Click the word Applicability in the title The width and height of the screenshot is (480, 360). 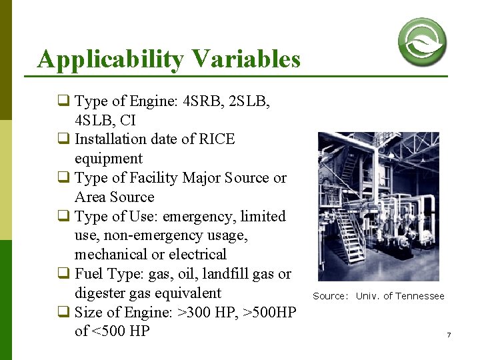click(x=109, y=60)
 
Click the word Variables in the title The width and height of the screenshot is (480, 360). click(x=245, y=59)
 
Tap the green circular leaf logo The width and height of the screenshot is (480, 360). click(x=422, y=41)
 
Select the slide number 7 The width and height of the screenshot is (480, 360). click(x=449, y=335)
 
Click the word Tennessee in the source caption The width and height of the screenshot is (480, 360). click(x=419, y=296)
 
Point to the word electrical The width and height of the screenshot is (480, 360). click(x=197, y=255)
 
